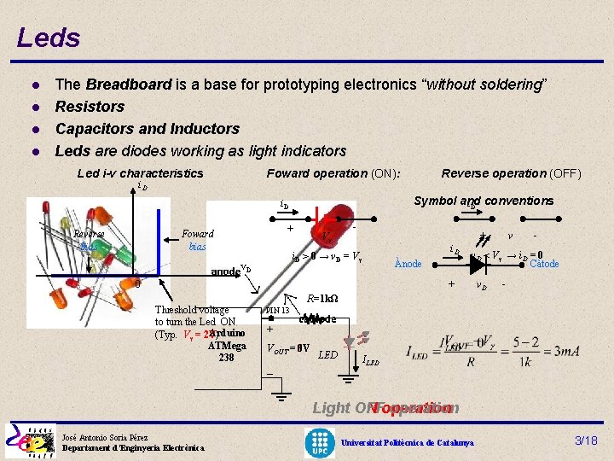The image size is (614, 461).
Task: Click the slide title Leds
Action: click(48, 38)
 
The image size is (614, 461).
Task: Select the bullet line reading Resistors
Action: click(90, 107)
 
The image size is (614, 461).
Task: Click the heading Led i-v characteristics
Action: click(141, 173)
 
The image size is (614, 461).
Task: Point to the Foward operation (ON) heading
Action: click(333, 173)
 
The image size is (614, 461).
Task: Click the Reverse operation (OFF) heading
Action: click(511, 173)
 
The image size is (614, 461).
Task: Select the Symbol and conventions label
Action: click(484, 201)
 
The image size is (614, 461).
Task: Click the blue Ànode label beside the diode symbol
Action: click(408, 264)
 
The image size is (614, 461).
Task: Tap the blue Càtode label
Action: click(543, 264)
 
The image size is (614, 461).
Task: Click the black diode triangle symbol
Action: click(478, 264)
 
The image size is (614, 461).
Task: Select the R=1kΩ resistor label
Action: click(321, 298)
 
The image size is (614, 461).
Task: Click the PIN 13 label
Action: click(279, 311)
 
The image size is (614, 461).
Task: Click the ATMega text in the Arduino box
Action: click(227, 346)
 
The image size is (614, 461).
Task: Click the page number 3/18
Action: click(585, 441)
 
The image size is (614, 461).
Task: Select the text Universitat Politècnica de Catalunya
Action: click(408, 442)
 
